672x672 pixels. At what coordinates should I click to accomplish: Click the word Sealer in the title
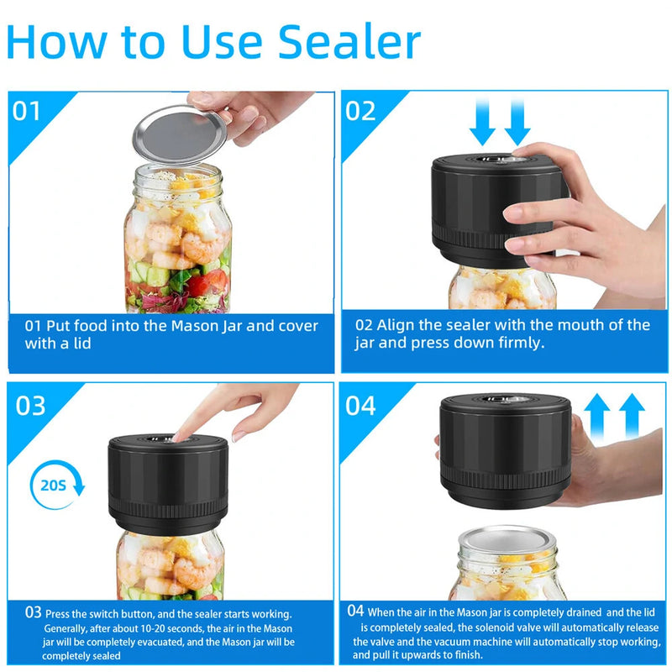(349, 41)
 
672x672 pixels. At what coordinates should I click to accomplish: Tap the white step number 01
(26, 111)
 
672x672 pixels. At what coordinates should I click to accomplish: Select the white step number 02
(360, 111)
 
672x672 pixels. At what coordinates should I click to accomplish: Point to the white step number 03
(30, 406)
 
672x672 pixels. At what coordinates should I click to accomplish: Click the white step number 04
(360, 406)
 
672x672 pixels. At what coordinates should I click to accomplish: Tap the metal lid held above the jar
(180, 135)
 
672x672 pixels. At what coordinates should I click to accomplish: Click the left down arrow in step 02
(482, 122)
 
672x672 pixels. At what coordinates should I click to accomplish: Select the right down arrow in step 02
(517, 122)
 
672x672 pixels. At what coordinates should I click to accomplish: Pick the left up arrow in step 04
(597, 417)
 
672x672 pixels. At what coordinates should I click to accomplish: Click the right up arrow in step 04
(632, 417)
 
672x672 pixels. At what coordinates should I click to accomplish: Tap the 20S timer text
(53, 486)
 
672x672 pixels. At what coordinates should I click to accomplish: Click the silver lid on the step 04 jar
(507, 541)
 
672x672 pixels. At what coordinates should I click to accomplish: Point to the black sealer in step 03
(168, 484)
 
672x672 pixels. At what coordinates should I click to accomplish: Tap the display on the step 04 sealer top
(505, 400)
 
